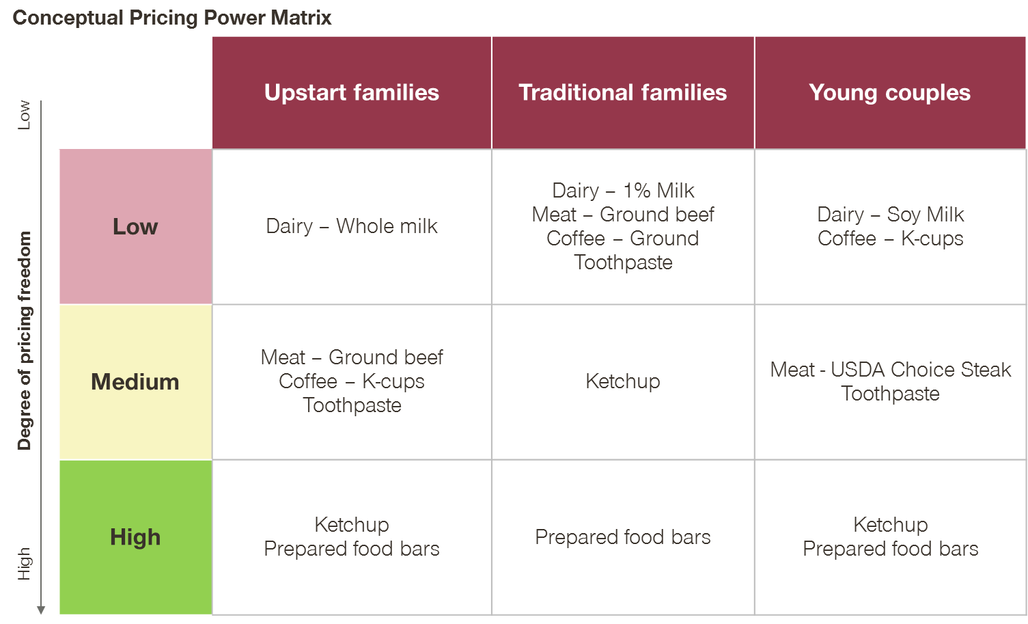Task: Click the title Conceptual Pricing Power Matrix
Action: (172, 18)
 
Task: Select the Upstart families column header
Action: (352, 92)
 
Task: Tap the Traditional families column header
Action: (623, 92)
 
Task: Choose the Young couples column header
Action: (890, 92)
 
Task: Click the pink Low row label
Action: (136, 226)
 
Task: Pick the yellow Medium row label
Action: (136, 382)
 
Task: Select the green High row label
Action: (136, 537)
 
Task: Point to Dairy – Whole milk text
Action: (352, 226)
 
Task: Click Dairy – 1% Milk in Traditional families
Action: (623, 191)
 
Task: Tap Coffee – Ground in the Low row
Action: (623, 239)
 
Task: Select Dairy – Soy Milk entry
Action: (890, 215)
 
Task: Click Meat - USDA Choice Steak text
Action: (890, 370)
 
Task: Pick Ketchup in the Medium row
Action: (623, 381)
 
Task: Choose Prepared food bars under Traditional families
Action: (623, 537)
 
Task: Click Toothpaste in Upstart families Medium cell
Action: (352, 406)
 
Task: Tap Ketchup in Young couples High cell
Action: (890, 525)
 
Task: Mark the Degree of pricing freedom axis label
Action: (25, 340)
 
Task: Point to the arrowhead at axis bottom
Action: (41, 610)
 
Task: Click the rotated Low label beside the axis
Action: (24, 116)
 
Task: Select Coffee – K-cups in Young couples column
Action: (890, 239)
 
